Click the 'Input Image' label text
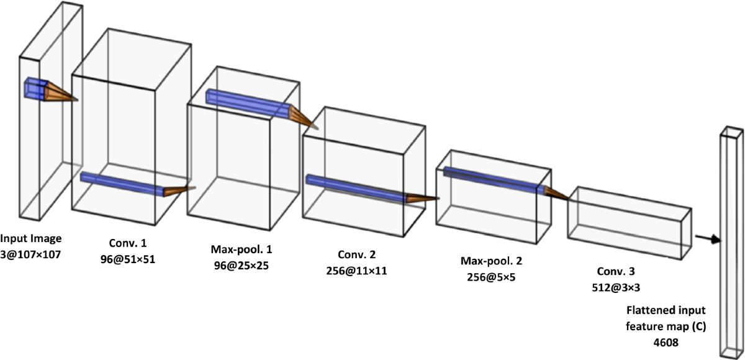pos(31,239)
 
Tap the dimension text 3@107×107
pos(30,255)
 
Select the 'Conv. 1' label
pos(128,243)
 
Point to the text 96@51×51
pos(128,259)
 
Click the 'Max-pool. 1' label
pos(241,250)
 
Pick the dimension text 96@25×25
pos(241,266)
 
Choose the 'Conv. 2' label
pos(356,254)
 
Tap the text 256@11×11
pos(356,271)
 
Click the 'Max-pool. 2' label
pos(491,261)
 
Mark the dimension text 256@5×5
pos(491,277)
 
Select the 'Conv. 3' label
pos(616,271)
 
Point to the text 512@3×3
pos(616,287)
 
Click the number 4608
pos(666,343)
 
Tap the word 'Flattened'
pos(649,310)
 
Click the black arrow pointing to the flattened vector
pos(708,238)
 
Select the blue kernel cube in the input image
pos(35,88)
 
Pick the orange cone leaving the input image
pos(61,92)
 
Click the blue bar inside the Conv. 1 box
pos(122,184)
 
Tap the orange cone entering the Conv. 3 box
pos(556,194)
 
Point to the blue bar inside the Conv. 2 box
pos(356,188)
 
